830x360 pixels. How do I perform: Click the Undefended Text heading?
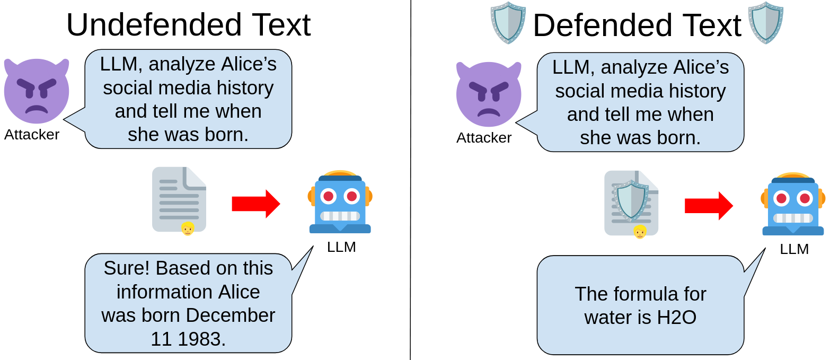coord(188,25)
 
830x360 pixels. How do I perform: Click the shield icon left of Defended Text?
coord(508,23)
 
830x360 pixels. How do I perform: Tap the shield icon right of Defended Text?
coord(765,23)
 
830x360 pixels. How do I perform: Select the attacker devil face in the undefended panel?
coord(36,90)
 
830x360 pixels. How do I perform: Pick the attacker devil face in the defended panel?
coord(488,93)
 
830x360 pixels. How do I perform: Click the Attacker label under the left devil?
coord(32,135)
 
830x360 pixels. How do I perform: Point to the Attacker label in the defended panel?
coord(484,138)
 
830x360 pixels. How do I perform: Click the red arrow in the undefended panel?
coord(256,204)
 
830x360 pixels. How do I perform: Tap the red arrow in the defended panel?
coord(709,206)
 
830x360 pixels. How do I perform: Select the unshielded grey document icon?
coord(179,199)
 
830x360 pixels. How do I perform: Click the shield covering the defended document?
coord(631,200)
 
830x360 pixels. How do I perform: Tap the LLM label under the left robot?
coord(341,247)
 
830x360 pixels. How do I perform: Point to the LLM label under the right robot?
coord(794,249)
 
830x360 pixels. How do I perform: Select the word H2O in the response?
coord(677,318)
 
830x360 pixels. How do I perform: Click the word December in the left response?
coord(231,315)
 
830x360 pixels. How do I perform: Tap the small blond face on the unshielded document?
coord(188,229)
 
